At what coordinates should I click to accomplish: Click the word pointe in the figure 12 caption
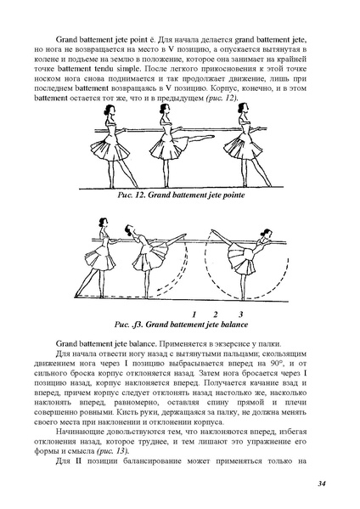pos(234,195)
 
